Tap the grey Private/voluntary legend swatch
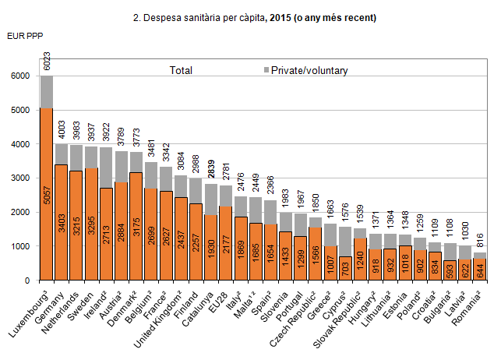[265, 71]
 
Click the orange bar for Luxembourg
[47, 195]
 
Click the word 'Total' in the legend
[181, 71]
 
